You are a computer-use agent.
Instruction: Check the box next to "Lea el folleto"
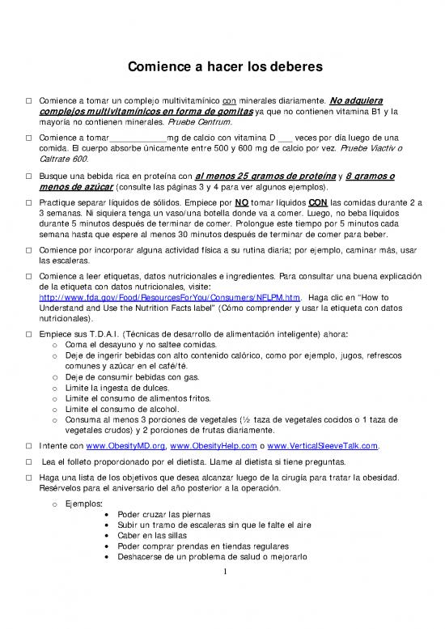coord(28,461)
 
